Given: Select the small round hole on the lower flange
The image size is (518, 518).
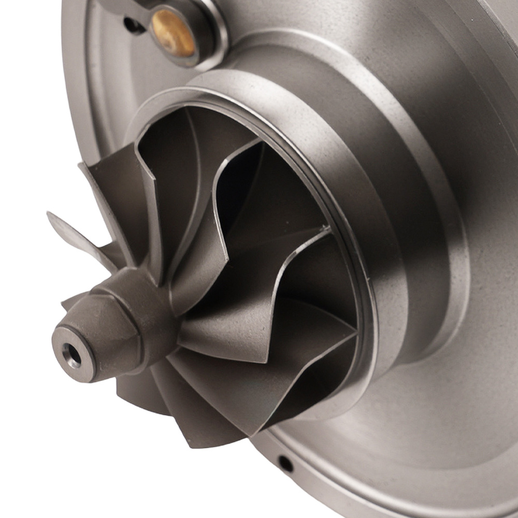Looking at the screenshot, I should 284,463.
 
